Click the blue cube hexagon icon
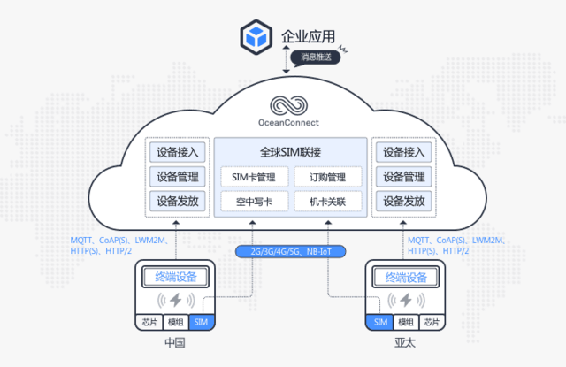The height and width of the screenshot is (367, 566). tap(256, 37)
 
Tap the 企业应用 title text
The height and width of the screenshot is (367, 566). tap(309, 37)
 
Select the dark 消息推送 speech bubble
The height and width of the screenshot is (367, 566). tap(316, 57)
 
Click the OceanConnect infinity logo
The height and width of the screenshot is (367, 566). tap(289, 106)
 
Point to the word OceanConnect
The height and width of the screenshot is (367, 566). tap(289, 123)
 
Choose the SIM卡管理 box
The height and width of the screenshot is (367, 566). tap(255, 177)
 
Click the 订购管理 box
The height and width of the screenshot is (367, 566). tap(328, 177)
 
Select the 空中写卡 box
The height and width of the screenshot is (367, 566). tap(255, 202)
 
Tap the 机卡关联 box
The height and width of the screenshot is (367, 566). tap(328, 202)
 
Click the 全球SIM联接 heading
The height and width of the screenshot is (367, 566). tap(291, 152)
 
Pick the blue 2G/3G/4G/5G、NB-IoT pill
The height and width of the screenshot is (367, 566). tap(291, 251)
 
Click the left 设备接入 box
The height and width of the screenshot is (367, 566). tap(177, 152)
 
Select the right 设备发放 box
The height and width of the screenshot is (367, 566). tap(404, 201)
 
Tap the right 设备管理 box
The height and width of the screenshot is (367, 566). tap(404, 177)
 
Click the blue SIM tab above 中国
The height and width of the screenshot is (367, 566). tap(202, 322)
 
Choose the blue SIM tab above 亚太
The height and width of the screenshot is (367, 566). tap(380, 322)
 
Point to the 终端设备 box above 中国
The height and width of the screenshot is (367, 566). tap(176, 277)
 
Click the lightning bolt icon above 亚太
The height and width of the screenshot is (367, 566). tap(406, 300)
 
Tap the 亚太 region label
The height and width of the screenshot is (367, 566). tap(405, 342)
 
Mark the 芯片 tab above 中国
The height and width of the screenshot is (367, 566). tap(149, 322)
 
